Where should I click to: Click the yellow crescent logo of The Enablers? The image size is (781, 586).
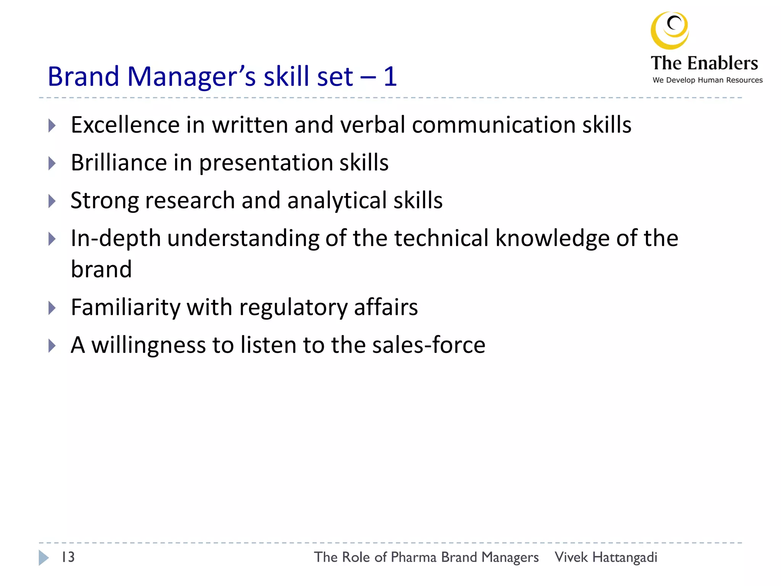coord(669,31)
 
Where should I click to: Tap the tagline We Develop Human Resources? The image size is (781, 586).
coord(707,80)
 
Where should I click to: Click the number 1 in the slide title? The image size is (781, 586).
coord(390,76)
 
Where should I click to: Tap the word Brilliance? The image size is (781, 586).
coord(119,163)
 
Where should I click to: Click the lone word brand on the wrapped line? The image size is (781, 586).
coord(101,269)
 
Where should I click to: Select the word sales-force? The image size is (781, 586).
coord(429,345)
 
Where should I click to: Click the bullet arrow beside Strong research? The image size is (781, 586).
coord(52,201)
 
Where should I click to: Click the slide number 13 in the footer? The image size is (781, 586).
coord(68,557)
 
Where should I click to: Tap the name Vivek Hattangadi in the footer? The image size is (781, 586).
coord(606,557)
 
